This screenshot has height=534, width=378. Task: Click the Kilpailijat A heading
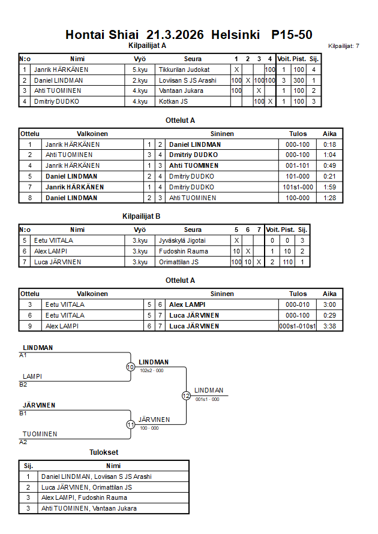pyautogui.click(x=148, y=45)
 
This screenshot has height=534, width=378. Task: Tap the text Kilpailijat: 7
pyautogui.click(x=344, y=46)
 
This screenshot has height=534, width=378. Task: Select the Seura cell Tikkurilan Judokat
pyautogui.click(x=184, y=70)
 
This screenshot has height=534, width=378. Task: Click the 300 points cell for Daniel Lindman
pyautogui.click(x=298, y=80)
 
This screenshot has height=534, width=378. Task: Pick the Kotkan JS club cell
pyautogui.click(x=173, y=101)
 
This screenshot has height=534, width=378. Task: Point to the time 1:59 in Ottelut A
pyautogui.click(x=329, y=187)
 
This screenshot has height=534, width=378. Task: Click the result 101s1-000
pyautogui.click(x=298, y=187)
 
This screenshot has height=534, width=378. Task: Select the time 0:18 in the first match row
pyautogui.click(x=329, y=144)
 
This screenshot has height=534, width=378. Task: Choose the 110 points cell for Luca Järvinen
pyautogui.click(x=289, y=262)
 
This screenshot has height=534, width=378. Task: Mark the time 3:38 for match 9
pyautogui.click(x=329, y=326)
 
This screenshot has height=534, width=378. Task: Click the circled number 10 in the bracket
pyautogui.click(x=131, y=367)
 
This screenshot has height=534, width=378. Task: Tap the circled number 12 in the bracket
pyautogui.click(x=187, y=396)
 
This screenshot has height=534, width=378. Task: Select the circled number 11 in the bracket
pyautogui.click(x=131, y=424)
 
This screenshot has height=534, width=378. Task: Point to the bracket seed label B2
pyautogui.click(x=23, y=384)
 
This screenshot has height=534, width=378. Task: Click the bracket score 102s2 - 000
pyautogui.click(x=152, y=370)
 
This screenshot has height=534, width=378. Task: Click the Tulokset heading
pyautogui.click(x=104, y=453)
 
